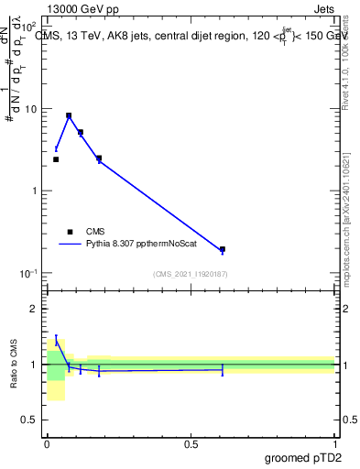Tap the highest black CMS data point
69,115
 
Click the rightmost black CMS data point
223,249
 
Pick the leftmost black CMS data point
56,159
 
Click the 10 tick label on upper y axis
30,109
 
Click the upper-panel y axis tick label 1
35,191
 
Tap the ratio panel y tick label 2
35,309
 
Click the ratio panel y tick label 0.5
31,420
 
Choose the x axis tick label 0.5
191,443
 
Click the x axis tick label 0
46,443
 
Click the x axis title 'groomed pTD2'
303,458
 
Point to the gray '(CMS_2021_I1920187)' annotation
190,274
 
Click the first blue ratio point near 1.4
56,342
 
